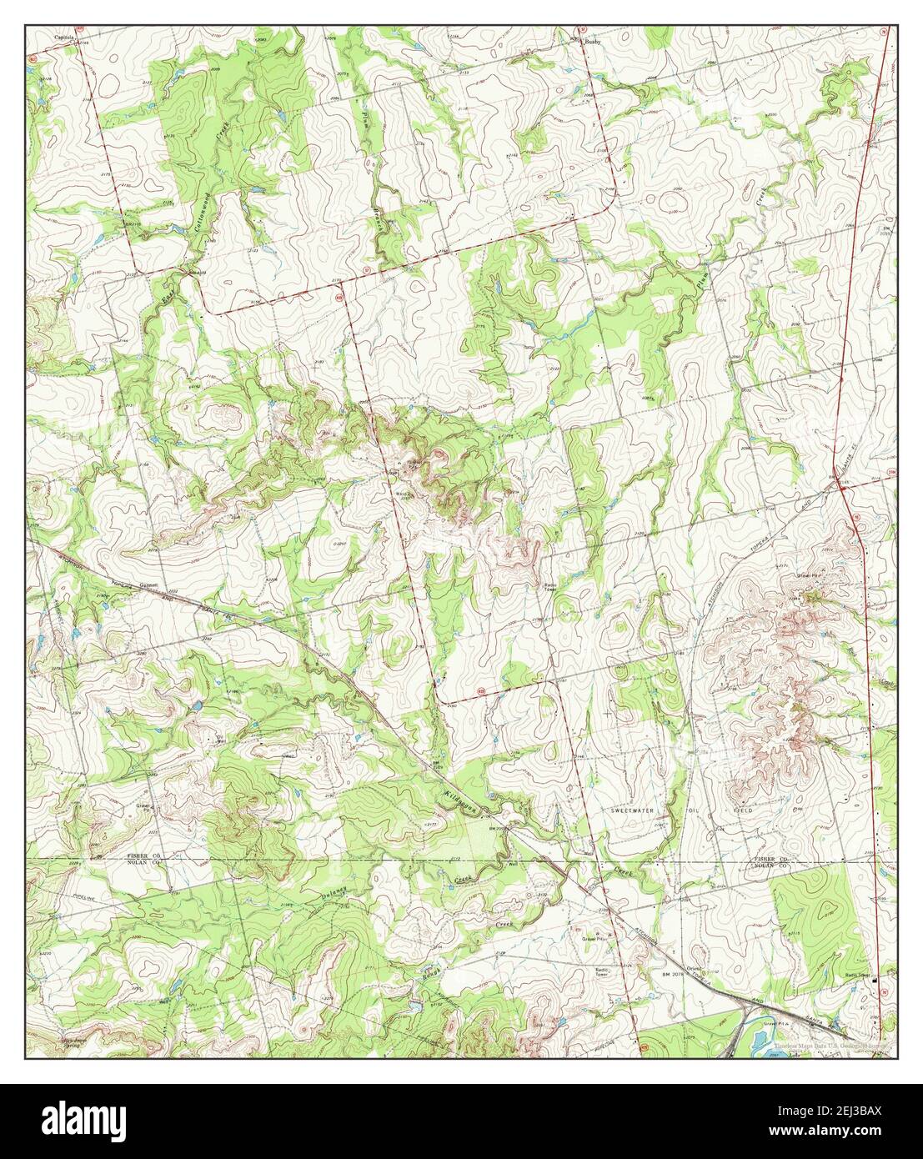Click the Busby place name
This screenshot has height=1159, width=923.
[x=592, y=40]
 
